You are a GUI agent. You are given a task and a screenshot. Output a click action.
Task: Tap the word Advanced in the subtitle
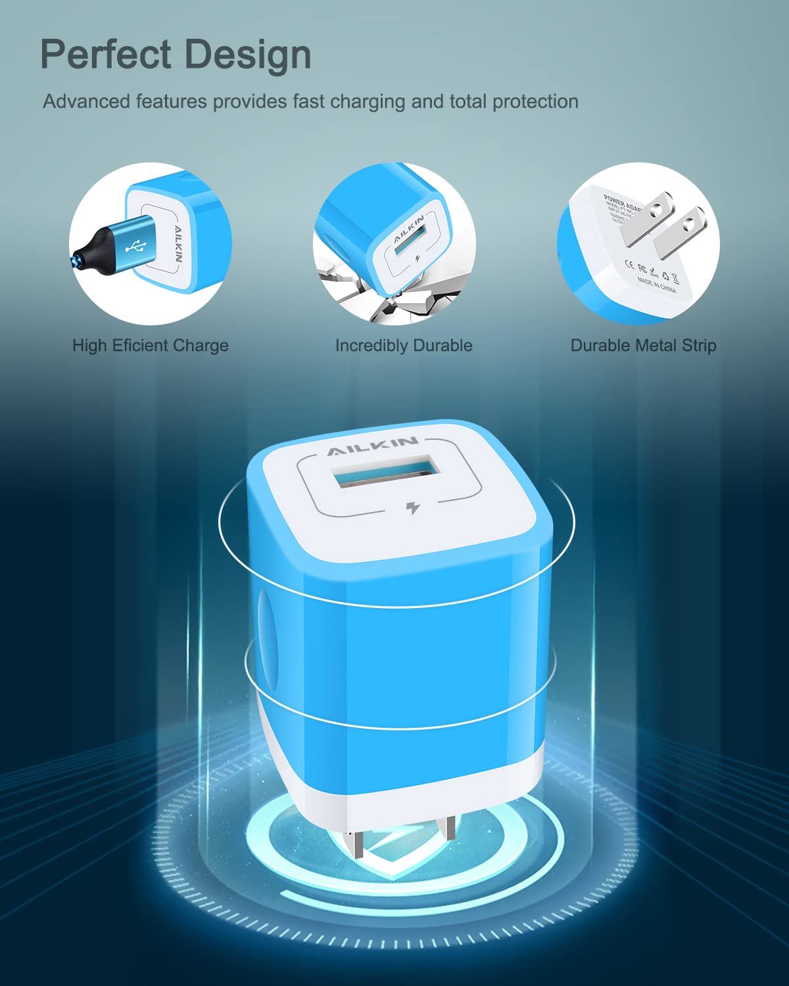(x=86, y=102)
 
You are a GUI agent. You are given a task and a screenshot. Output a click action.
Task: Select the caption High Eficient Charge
(x=151, y=346)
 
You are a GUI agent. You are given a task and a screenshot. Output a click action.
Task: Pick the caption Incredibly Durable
(x=404, y=346)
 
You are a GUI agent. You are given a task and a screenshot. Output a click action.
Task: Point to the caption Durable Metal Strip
(x=643, y=346)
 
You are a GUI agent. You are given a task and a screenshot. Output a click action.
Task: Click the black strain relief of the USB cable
(x=92, y=251)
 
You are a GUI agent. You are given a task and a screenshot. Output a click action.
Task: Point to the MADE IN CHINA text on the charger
(x=656, y=285)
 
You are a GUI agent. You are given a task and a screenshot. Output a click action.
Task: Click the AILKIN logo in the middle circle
(x=409, y=227)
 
